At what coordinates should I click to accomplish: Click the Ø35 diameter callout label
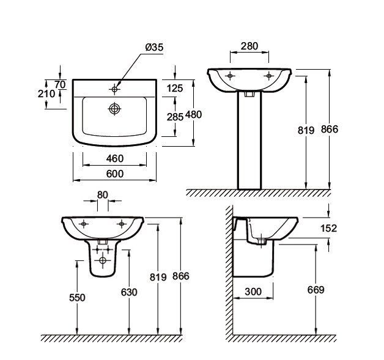tap(154, 47)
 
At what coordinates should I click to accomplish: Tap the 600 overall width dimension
tap(114, 174)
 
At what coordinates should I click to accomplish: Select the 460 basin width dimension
tap(114, 158)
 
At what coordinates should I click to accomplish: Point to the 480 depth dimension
tap(193, 114)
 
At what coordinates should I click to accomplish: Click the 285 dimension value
tap(175, 117)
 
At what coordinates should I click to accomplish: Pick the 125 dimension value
tap(175, 89)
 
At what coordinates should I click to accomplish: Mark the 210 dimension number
tap(46, 94)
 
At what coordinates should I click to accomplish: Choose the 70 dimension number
tap(60, 85)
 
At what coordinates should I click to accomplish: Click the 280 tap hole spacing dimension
tap(249, 46)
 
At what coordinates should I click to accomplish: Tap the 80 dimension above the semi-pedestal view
tap(102, 195)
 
